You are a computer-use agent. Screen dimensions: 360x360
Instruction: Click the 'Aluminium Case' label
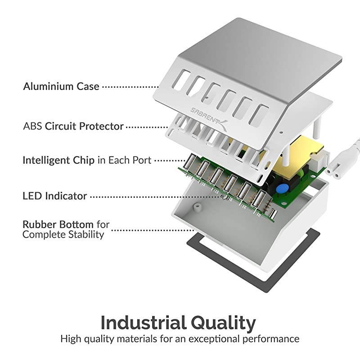click(x=61, y=86)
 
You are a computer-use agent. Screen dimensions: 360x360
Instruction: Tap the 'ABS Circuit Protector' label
click(x=73, y=126)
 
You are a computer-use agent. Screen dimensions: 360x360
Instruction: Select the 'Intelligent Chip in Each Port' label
click(x=87, y=160)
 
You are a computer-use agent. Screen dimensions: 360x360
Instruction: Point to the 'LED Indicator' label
click(x=54, y=196)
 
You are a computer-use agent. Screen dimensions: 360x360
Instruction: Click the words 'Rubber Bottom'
click(x=58, y=224)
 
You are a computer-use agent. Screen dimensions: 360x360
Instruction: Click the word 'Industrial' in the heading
click(x=143, y=323)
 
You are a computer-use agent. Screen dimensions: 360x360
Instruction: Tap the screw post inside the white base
click(x=196, y=208)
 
